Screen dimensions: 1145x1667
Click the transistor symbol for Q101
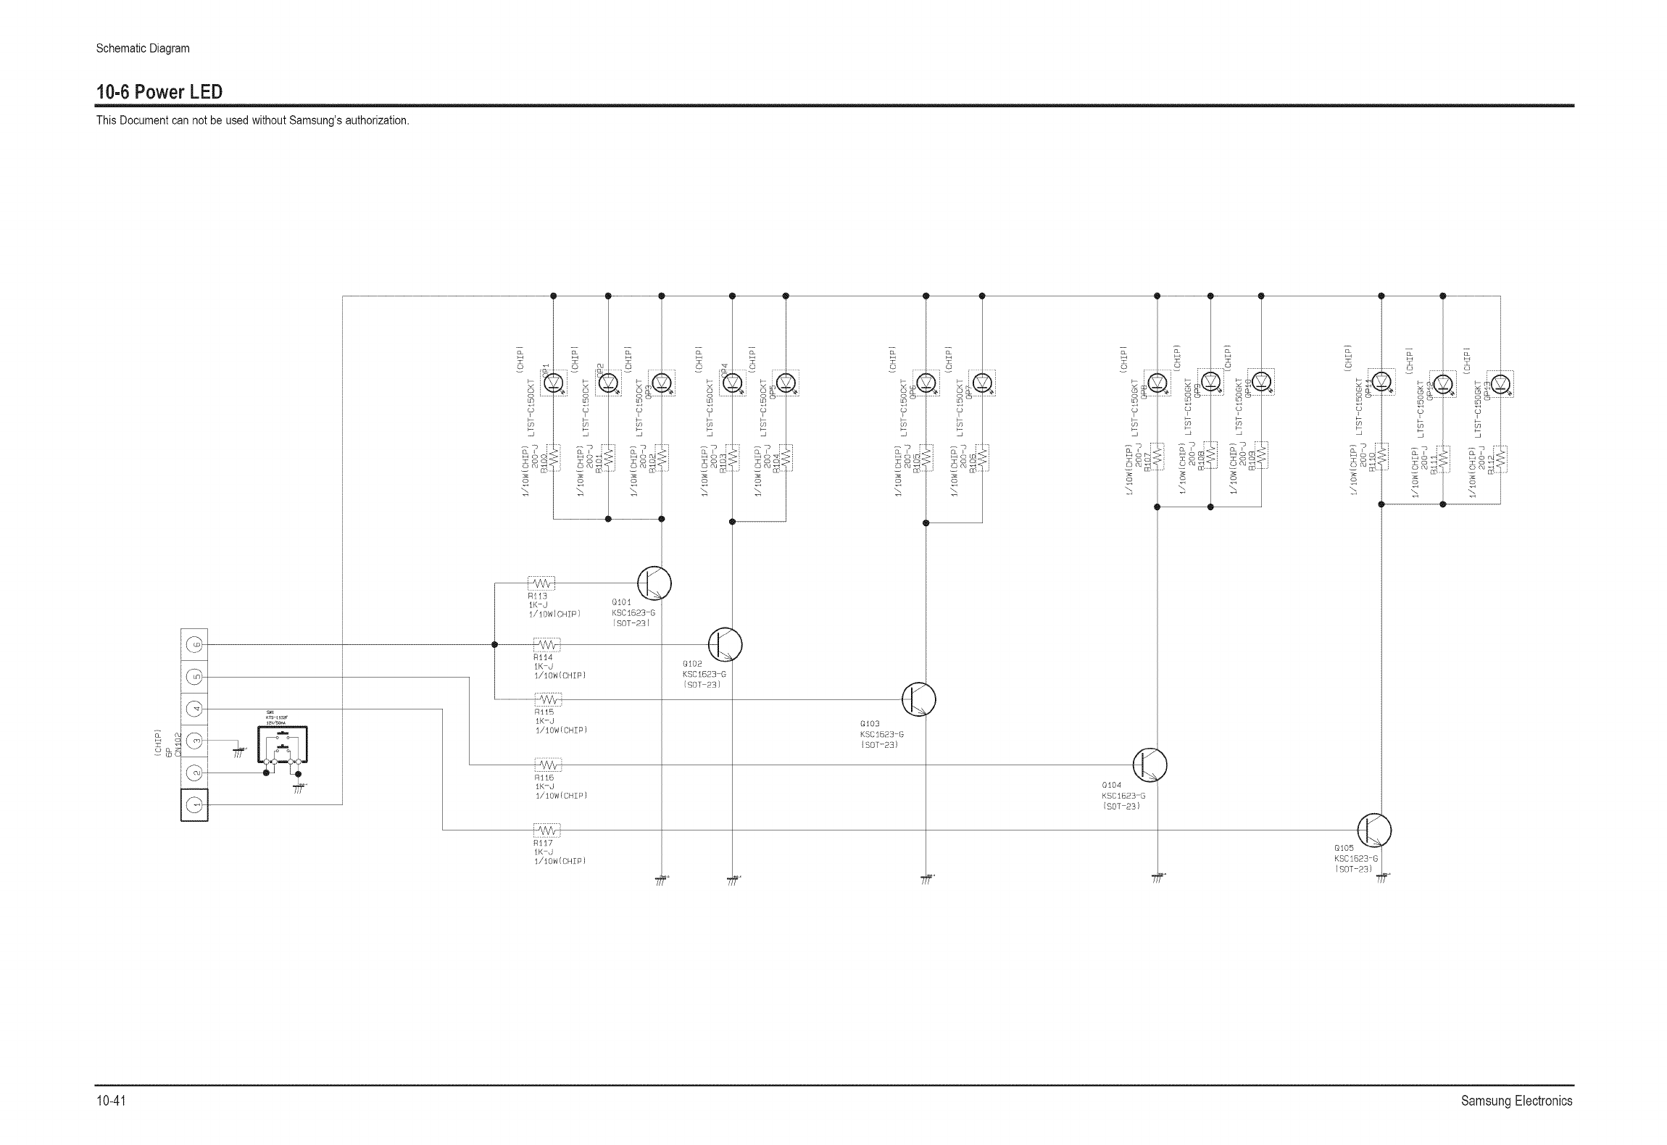point(654,583)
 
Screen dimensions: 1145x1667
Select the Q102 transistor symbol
point(725,644)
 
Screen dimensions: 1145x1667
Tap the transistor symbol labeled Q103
point(918,699)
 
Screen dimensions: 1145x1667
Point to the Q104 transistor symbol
point(1150,765)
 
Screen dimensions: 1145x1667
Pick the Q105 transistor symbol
point(1373,830)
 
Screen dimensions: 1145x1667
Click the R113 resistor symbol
point(542,583)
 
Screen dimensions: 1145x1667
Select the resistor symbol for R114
point(547,645)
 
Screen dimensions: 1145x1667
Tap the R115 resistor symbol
point(548,700)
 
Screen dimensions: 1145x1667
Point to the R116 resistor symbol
point(548,765)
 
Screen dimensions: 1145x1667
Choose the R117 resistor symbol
point(547,830)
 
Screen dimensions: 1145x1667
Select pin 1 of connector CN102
point(194,805)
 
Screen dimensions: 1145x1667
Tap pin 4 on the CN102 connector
point(194,709)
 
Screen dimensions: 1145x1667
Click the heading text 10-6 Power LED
point(159,92)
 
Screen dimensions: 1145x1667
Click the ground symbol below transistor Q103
point(926,879)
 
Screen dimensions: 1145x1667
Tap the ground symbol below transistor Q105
point(1381,878)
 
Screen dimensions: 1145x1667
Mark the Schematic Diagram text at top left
point(143,49)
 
